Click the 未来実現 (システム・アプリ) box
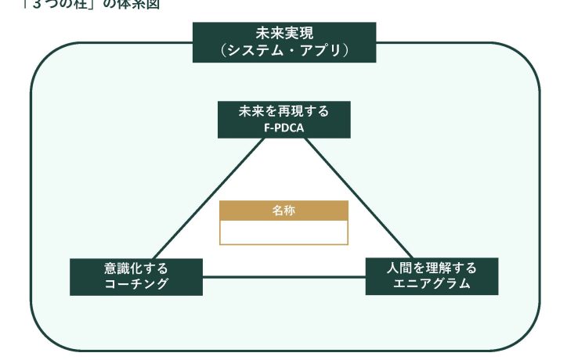(284, 42)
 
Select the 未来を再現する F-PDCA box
(283, 119)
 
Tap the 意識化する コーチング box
(136, 275)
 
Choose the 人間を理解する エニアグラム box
(432, 275)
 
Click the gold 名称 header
(283, 211)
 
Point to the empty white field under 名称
(283, 232)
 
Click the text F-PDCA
(283, 127)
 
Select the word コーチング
(136, 284)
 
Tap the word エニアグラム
(432, 284)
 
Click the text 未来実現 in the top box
(284, 34)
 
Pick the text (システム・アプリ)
(284, 51)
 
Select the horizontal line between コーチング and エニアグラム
(283, 275)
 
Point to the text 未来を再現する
(283, 111)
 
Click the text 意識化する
(136, 268)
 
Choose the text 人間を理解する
(432, 268)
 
